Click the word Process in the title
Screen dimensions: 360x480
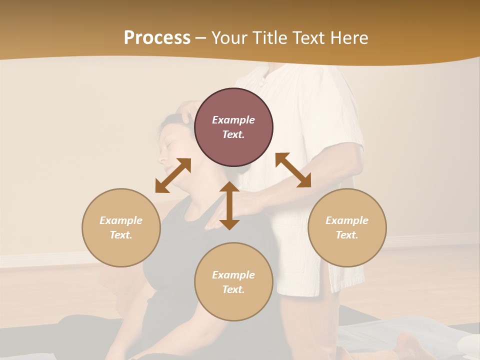click(157, 38)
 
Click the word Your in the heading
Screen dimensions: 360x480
click(229, 38)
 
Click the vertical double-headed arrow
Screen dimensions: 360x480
click(229, 205)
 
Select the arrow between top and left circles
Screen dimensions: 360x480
click(173, 175)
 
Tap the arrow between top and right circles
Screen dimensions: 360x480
click(293, 170)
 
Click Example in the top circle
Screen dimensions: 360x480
click(233, 120)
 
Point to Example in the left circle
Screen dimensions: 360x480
click(121, 220)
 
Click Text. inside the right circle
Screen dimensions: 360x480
click(347, 235)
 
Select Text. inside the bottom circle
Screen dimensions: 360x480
click(233, 289)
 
